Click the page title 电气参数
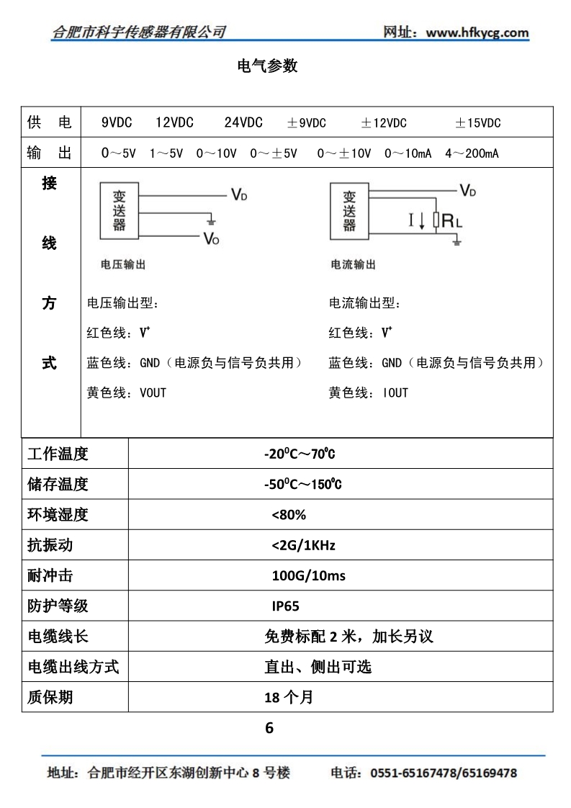[x=267, y=66]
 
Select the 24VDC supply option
[x=243, y=122]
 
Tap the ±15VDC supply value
[x=477, y=122]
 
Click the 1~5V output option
[x=166, y=153]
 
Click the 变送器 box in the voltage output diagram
[x=120, y=210]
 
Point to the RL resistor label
[x=452, y=221]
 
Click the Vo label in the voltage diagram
[x=211, y=238]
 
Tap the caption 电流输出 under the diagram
[x=353, y=264]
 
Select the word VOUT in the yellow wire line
[x=153, y=392]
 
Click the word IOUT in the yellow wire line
[x=395, y=392]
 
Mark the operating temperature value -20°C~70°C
[x=300, y=454]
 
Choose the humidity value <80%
[x=289, y=515]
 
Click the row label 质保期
[x=50, y=697]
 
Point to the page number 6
[x=269, y=728]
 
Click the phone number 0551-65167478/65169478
[x=444, y=773]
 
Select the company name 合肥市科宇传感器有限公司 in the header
[x=140, y=32]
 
